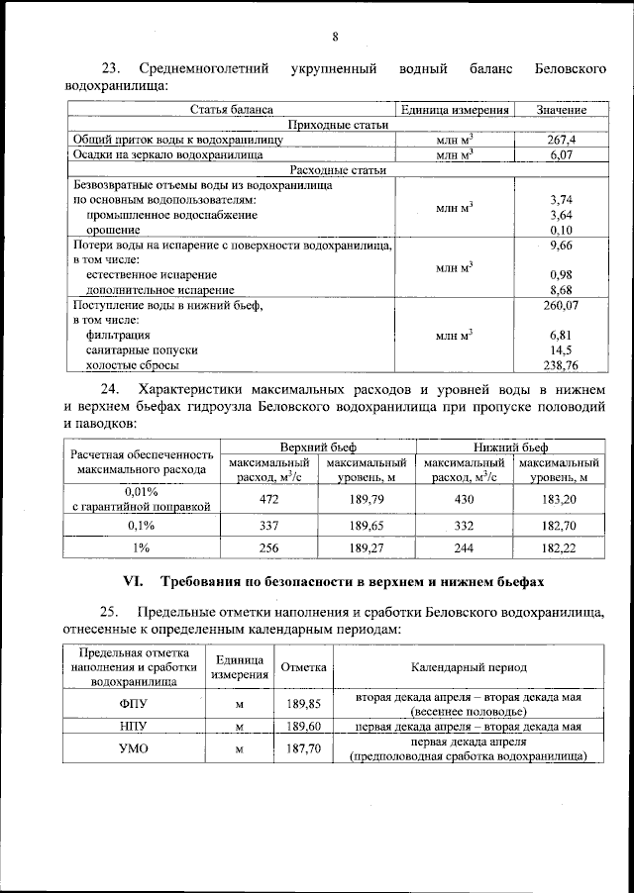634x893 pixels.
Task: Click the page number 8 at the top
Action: (335, 38)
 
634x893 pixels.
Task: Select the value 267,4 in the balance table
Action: (561, 141)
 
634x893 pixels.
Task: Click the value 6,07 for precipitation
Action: (561, 155)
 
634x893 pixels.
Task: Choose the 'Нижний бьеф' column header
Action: (511, 447)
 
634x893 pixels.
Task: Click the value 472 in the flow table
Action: (268, 500)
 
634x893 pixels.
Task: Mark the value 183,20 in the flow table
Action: (560, 500)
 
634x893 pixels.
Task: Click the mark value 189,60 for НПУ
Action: (302, 727)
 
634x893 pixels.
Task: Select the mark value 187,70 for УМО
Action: (302, 749)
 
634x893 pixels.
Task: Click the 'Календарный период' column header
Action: (470, 668)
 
